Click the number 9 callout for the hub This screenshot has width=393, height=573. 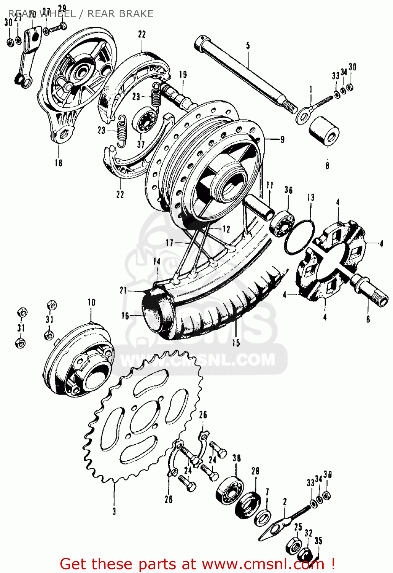[x=282, y=139]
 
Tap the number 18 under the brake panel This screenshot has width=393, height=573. [x=58, y=163]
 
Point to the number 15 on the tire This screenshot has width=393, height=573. [x=236, y=342]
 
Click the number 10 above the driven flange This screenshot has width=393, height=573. [x=91, y=303]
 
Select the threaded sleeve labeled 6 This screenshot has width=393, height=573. [x=370, y=290]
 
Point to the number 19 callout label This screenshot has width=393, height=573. [x=183, y=74]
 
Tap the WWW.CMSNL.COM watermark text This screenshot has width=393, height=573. [x=197, y=360]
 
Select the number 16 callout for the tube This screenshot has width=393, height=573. [x=125, y=316]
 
